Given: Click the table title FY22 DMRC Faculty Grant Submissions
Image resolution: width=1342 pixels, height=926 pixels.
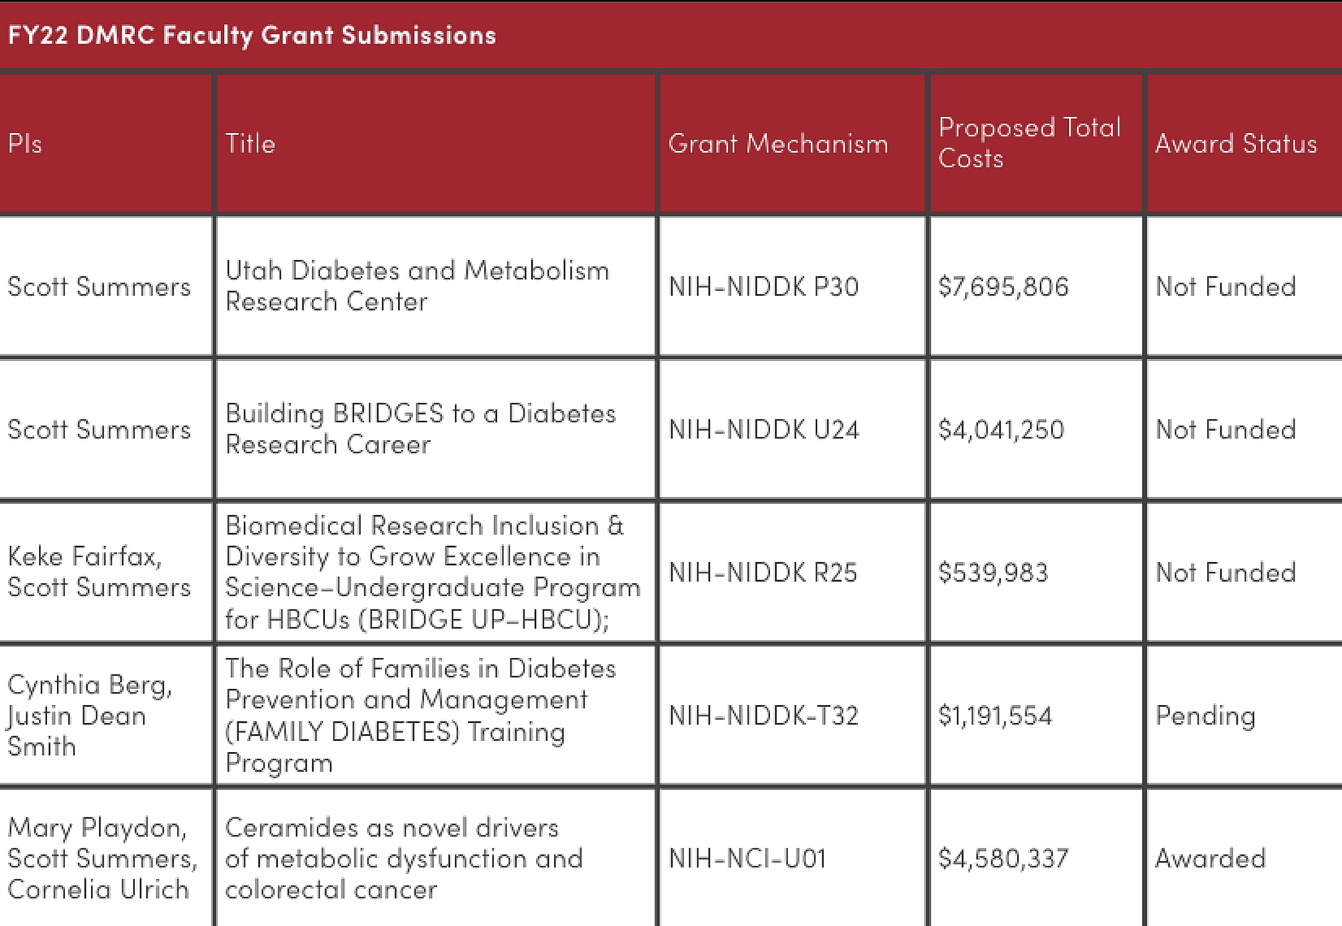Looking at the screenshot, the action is [252, 35].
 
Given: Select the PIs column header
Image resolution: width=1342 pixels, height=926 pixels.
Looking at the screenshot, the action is [25, 143].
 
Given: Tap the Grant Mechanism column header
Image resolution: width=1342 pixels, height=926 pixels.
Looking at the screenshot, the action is [778, 143].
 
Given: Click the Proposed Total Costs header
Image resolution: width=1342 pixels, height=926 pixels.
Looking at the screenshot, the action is [1030, 143].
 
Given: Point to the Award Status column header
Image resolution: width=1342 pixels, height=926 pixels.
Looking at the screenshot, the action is [1236, 143].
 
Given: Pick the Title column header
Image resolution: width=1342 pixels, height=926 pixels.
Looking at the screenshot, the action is [250, 143].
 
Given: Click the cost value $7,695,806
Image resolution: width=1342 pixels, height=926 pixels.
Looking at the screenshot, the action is [1003, 287].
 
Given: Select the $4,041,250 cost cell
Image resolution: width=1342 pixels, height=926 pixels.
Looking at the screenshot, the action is [1001, 430].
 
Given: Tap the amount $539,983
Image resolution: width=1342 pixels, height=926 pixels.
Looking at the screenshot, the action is [993, 573].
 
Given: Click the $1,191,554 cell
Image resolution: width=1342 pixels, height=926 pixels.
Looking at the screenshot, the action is [995, 716].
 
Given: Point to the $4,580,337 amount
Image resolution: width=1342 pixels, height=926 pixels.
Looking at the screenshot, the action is [1003, 859].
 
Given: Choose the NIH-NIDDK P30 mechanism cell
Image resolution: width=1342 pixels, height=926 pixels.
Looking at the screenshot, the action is [763, 287].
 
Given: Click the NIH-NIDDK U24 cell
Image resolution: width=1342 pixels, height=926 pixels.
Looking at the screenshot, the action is [763, 430].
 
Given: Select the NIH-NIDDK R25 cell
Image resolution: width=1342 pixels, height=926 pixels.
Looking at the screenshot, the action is [763, 573].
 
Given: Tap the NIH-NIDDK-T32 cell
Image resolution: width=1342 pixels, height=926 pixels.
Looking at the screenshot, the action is [763, 716].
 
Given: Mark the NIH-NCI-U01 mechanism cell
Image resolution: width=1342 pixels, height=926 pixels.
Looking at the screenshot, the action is [747, 859].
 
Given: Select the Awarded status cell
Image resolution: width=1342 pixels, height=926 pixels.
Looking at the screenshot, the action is [1210, 859].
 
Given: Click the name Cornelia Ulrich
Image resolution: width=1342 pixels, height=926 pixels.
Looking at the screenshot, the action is [98, 890].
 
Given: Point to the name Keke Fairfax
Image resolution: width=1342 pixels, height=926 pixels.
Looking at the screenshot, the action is [84, 557].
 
